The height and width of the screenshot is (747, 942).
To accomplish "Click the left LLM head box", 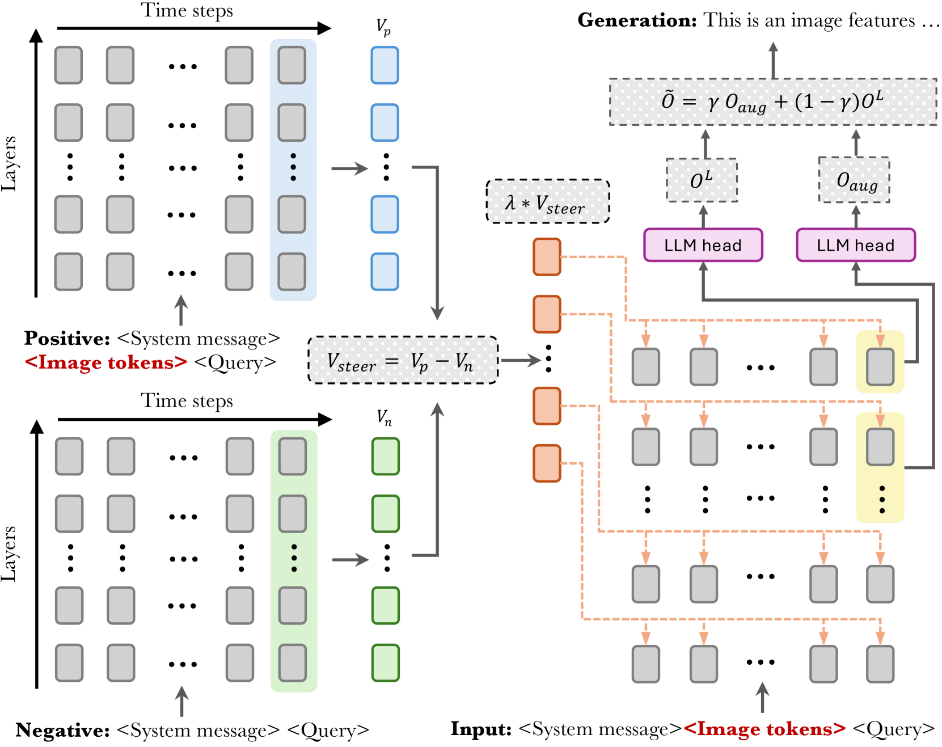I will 703,245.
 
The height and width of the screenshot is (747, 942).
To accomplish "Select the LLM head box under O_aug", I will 855,245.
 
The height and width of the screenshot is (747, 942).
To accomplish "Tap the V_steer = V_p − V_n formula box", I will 403,361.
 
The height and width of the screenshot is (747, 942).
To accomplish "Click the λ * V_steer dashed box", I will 547,202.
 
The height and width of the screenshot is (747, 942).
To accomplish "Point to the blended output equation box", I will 772,102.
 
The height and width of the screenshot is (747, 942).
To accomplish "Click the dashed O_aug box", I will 854,180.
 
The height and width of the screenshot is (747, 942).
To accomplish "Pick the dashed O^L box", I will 702,180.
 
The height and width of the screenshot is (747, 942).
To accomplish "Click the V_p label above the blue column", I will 384,27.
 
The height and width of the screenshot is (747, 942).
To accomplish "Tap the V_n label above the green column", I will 385,419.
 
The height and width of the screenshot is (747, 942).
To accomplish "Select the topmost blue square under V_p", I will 385,65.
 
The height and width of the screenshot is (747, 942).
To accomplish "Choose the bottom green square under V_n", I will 386,662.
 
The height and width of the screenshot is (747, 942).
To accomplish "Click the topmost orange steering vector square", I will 547,257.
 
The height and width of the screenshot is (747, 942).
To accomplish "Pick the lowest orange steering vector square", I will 547,463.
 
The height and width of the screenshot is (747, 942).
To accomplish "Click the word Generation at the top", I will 636,20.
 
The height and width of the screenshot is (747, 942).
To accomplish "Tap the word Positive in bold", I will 67,339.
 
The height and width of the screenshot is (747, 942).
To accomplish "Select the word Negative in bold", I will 62,730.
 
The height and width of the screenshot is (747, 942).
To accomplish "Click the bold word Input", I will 481,729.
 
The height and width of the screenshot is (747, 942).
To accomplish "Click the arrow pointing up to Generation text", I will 773,60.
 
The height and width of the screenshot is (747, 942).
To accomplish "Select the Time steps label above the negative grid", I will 187,401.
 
